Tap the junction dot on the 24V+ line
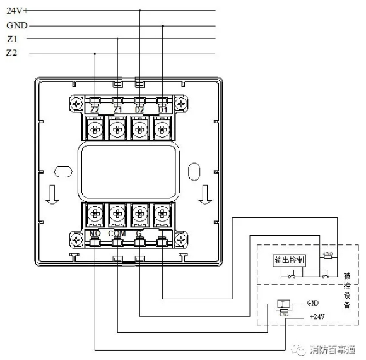pos(139,10)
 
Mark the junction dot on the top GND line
pos(163,26)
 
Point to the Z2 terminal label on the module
pos(95,111)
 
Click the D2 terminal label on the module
pos(139,111)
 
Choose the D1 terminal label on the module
pos(162,111)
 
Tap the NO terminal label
pos(94,234)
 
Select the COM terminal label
pos(117,234)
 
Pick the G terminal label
pos(139,234)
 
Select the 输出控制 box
pos(289,261)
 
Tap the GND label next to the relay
pos(314,303)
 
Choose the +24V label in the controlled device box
pos(317,316)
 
